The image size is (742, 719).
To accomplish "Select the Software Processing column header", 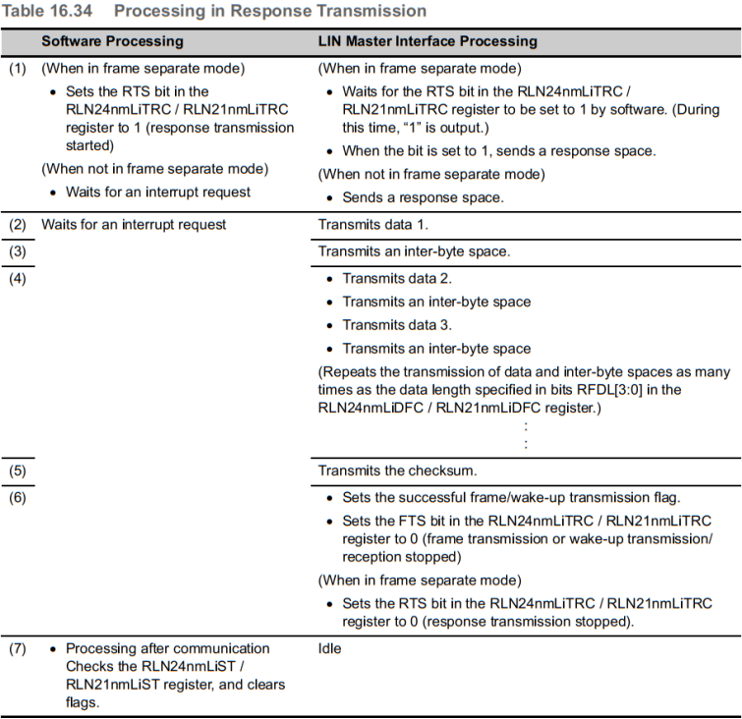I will point(112,41).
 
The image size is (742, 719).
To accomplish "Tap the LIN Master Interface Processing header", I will point(428,41).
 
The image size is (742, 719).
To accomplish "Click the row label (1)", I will point(18,70).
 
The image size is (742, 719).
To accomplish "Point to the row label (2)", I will point(18,225).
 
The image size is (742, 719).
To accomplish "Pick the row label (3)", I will point(18,251).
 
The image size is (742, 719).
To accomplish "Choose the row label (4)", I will point(18,278).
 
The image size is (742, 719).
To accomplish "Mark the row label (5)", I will point(18,470).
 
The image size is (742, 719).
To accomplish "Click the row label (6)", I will point(18,497).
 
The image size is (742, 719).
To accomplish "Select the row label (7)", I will point(18,648).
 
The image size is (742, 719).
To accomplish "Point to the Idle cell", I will point(329,648).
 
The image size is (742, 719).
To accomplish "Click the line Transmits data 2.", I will point(397,278).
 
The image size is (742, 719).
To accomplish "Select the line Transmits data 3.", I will point(397,325).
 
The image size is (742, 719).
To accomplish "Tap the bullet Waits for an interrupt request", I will point(157,192).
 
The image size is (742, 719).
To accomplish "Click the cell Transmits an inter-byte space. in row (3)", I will point(414,251).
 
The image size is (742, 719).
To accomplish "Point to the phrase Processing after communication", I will point(167,648).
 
